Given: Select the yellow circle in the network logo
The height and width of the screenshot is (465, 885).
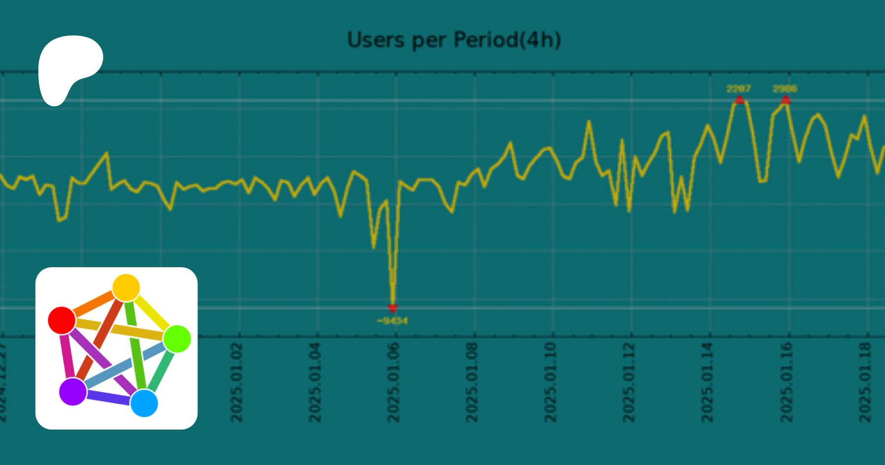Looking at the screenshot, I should (126, 288).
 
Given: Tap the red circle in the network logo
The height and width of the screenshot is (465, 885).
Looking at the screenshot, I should (62, 320).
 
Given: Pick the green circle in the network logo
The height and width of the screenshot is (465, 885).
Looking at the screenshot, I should (177, 339).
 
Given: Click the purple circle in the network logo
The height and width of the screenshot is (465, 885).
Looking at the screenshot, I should (73, 392).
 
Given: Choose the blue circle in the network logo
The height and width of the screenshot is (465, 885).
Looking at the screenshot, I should (144, 403).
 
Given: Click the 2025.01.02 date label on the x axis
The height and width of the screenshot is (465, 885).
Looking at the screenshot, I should (237, 383).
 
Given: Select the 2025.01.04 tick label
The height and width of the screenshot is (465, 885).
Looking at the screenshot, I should (315, 383).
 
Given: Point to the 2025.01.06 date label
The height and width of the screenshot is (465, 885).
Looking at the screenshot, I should (393, 383).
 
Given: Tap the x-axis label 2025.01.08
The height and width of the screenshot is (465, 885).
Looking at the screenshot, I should (472, 383).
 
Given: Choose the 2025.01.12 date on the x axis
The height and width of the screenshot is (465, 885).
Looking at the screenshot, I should (629, 383).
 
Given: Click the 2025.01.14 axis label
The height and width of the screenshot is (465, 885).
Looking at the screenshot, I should (707, 383).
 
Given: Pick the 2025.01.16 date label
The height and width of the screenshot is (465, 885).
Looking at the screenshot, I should (787, 383).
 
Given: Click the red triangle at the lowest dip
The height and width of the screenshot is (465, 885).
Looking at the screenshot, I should (392, 309).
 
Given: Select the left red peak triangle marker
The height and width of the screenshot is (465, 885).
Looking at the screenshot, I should (739, 100).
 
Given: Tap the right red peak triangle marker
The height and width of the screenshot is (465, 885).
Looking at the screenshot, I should (786, 100).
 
